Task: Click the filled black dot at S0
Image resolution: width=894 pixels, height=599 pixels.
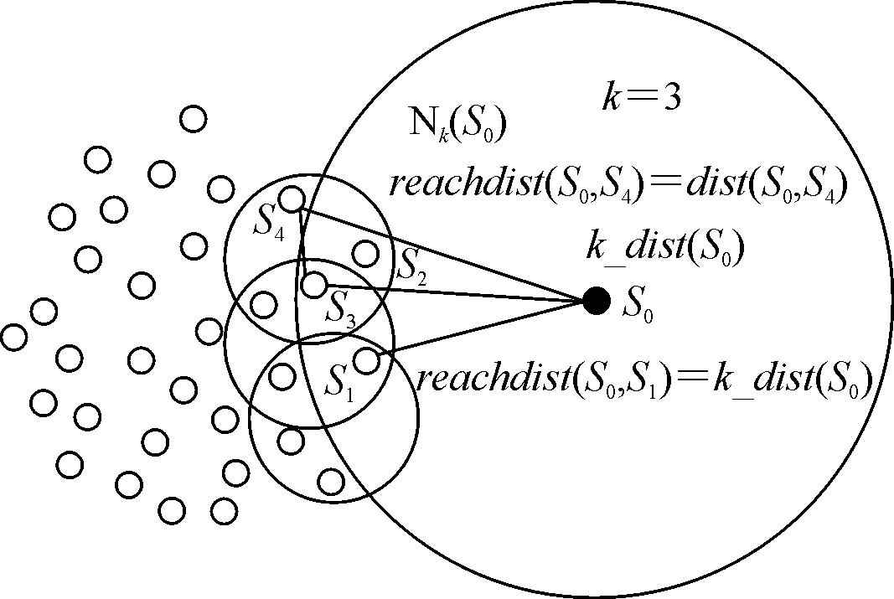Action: tap(596, 301)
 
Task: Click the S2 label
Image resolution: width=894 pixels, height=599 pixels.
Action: tap(412, 267)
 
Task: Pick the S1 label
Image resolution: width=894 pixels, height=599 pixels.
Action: tap(339, 384)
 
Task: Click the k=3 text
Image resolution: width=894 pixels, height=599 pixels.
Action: tap(641, 96)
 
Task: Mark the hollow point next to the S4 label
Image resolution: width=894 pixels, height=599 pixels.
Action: tap(291, 199)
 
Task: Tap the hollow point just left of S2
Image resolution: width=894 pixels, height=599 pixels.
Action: tap(365, 251)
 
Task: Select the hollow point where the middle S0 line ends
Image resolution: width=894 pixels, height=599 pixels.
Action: tap(313, 285)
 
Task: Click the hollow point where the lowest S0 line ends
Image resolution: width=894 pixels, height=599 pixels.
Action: tap(366, 360)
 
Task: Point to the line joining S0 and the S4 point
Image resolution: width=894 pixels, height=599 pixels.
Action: tap(444, 250)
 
